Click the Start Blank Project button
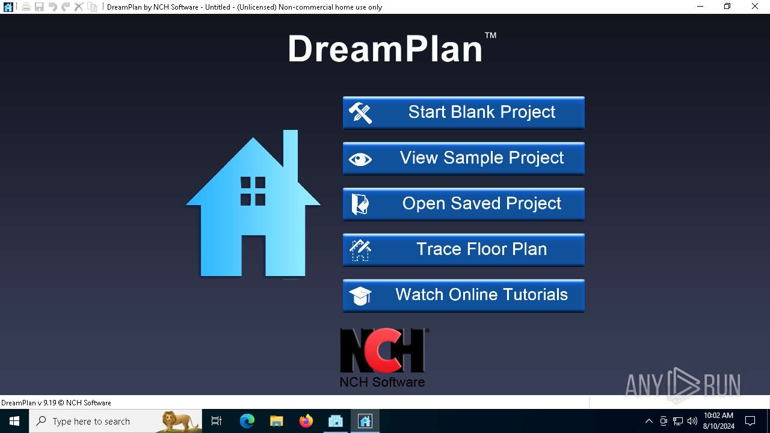(463, 112)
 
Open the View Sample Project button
(463, 158)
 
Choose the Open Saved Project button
(463, 204)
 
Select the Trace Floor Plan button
(463, 250)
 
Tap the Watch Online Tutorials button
(463, 295)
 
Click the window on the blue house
(253, 191)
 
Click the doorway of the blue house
(253, 256)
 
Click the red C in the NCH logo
(383, 351)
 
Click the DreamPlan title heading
(386, 49)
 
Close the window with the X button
(755, 7)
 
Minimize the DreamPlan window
(700, 7)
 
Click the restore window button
(727, 7)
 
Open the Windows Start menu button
(14, 421)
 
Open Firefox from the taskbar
(306, 421)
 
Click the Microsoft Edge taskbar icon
(247, 421)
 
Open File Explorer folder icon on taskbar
(277, 421)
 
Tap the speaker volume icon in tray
(692, 421)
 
